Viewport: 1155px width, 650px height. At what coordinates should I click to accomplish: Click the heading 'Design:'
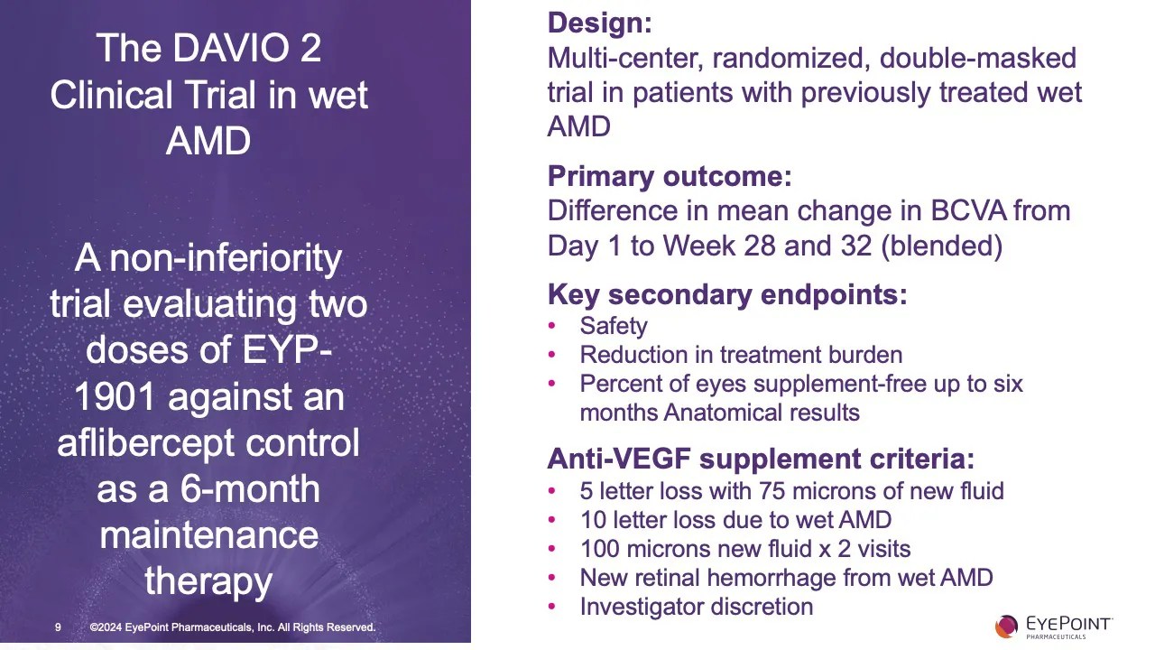[x=599, y=23]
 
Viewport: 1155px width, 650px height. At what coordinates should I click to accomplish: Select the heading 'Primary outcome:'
[x=669, y=176]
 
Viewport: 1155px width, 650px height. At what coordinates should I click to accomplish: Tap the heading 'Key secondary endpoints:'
[x=726, y=294]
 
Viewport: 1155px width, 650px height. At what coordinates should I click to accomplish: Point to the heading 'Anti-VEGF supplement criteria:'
[x=760, y=459]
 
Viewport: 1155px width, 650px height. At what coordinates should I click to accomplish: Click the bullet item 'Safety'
[x=614, y=326]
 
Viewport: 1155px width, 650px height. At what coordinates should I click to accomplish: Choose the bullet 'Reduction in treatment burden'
[x=740, y=355]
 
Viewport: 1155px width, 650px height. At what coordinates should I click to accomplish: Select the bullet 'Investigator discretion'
[x=696, y=607]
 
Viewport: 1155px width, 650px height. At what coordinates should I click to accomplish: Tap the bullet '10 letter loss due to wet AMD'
[x=735, y=520]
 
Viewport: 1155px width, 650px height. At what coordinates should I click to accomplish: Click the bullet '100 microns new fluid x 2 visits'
[x=744, y=549]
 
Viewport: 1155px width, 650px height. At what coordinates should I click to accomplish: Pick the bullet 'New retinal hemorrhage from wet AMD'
[x=786, y=578]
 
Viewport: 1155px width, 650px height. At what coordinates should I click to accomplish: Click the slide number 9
[x=58, y=627]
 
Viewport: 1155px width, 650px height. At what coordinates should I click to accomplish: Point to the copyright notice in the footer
[x=232, y=627]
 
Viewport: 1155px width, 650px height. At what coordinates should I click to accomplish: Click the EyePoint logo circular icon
[x=1006, y=626]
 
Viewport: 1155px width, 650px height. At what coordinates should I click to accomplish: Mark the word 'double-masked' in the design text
[x=977, y=59]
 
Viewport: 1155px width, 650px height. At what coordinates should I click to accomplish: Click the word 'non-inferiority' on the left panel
[x=225, y=259]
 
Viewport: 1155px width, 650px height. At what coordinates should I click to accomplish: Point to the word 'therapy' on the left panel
[x=208, y=581]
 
